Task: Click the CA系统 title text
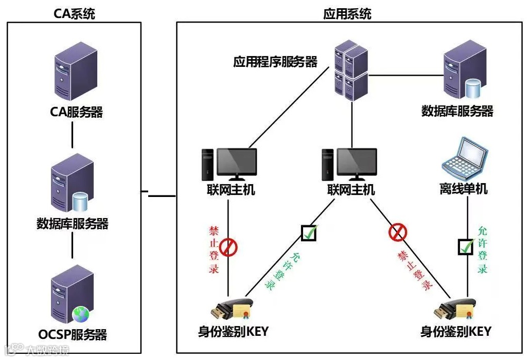pyautogui.click(x=75, y=13)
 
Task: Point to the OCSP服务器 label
pyautogui.click(x=73, y=335)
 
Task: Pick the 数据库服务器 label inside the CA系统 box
pyautogui.click(x=73, y=224)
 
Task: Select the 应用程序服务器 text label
pyautogui.click(x=275, y=62)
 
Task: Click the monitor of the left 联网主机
pyautogui.click(x=236, y=163)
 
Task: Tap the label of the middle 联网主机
pyautogui.click(x=351, y=190)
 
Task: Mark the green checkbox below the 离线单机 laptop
pyautogui.click(x=466, y=247)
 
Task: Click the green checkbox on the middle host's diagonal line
pyautogui.click(x=309, y=232)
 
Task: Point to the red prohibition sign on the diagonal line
pyautogui.click(x=397, y=232)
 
